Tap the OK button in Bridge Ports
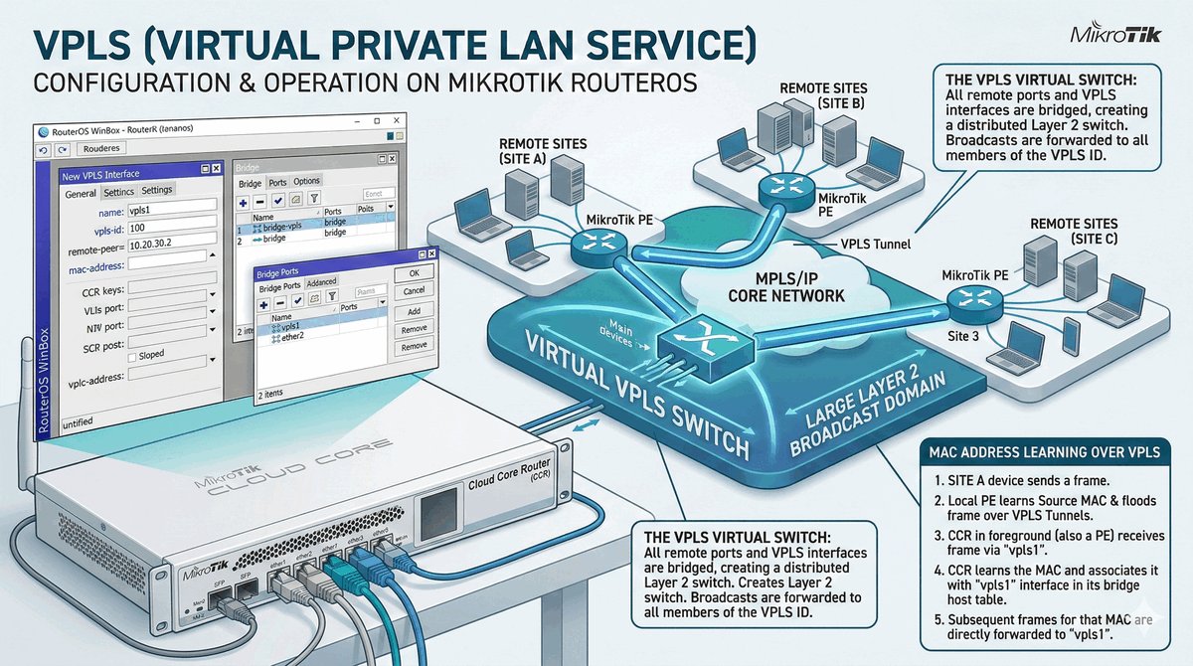[x=414, y=273]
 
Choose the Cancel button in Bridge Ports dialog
[x=414, y=290]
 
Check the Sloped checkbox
[x=132, y=355]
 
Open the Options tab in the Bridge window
[x=306, y=182]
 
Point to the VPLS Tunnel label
[x=874, y=242]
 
